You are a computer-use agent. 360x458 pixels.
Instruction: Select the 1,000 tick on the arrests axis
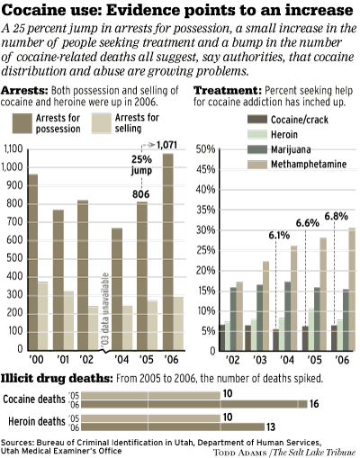coord(15,168)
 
